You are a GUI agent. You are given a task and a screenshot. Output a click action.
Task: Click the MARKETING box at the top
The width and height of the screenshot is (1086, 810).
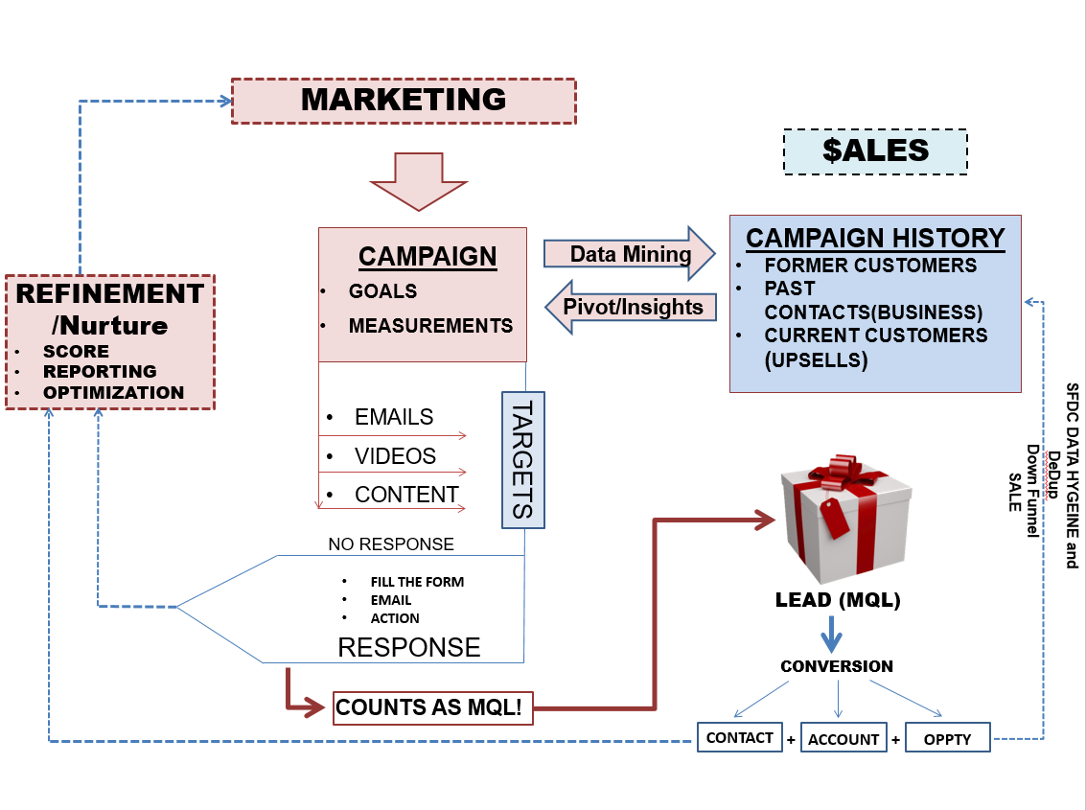[x=404, y=102]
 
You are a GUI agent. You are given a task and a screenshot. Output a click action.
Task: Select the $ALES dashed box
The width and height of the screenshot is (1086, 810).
[x=875, y=151]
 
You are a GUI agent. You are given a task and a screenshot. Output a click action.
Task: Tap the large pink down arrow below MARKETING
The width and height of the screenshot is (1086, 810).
[x=418, y=181]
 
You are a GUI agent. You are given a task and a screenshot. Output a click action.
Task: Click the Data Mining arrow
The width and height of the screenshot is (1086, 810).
[x=629, y=254]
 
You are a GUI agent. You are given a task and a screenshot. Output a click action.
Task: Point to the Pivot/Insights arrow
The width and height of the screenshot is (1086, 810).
[x=631, y=307]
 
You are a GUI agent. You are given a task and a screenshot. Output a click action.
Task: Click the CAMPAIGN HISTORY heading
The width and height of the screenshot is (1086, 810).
[x=875, y=239]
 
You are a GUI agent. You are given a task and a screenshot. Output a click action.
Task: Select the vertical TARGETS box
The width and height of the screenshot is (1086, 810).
[x=523, y=460]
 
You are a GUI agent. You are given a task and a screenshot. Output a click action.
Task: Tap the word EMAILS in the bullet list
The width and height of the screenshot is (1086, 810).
[x=394, y=417]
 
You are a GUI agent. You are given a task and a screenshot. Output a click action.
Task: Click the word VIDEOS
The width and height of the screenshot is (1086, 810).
[x=396, y=456]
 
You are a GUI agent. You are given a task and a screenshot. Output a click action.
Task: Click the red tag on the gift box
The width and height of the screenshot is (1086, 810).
[x=835, y=517]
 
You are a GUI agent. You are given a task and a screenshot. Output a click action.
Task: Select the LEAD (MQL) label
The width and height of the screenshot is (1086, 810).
[x=838, y=600]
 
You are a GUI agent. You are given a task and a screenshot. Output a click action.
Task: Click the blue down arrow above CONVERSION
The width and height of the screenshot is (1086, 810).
[x=831, y=634]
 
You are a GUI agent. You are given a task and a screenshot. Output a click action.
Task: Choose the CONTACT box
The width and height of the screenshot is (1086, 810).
[x=740, y=737]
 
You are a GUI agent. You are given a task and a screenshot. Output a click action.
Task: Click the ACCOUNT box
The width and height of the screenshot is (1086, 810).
[x=843, y=739]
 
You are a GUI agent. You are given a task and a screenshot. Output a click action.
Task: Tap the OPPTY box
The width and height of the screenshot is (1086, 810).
[x=947, y=739]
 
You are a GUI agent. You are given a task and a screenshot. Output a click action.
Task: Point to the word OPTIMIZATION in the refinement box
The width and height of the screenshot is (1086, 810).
[x=114, y=393]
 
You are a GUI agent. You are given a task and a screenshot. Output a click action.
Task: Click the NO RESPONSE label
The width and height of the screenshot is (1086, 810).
[x=391, y=544]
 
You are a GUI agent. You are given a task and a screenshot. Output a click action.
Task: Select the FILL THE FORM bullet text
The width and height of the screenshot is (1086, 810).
[x=417, y=582]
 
